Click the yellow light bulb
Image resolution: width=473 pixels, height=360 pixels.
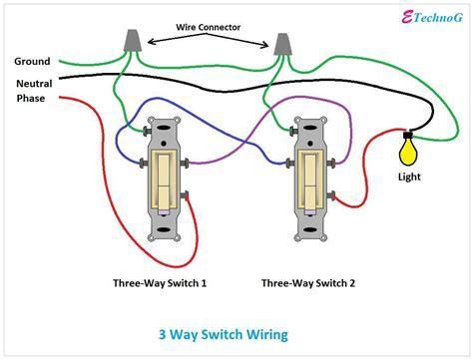(x=408, y=152)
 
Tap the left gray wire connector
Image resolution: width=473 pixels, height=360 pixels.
(x=133, y=41)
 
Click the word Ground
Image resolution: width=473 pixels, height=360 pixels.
(x=32, y=62)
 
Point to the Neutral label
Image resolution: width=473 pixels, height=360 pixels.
(x=34, y=84)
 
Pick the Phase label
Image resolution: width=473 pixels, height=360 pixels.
(x=31, y=99)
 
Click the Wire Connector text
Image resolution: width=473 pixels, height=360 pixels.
(x=209, y=27)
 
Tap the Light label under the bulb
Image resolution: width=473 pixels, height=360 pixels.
(x=409, y=177)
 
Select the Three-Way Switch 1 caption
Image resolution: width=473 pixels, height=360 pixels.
(x=160, y=283)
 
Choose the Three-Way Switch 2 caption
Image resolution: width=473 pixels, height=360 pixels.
(x=308, y=283)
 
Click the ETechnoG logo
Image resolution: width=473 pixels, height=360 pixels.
(x=432, y=17)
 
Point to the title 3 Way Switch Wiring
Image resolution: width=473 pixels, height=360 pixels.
(x=224, y=334)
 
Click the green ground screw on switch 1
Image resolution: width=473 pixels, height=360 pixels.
(x=146, y=131)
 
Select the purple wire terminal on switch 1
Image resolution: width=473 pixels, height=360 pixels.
(x=186, y=164)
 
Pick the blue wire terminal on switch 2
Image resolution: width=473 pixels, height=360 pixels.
(x=290, y=164)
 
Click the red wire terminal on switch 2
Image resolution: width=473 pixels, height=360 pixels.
(x=332, y=196)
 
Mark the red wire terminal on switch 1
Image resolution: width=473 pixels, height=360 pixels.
(x=186, y=195)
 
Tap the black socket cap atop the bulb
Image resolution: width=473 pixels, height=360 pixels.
(x=408, y=135)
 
